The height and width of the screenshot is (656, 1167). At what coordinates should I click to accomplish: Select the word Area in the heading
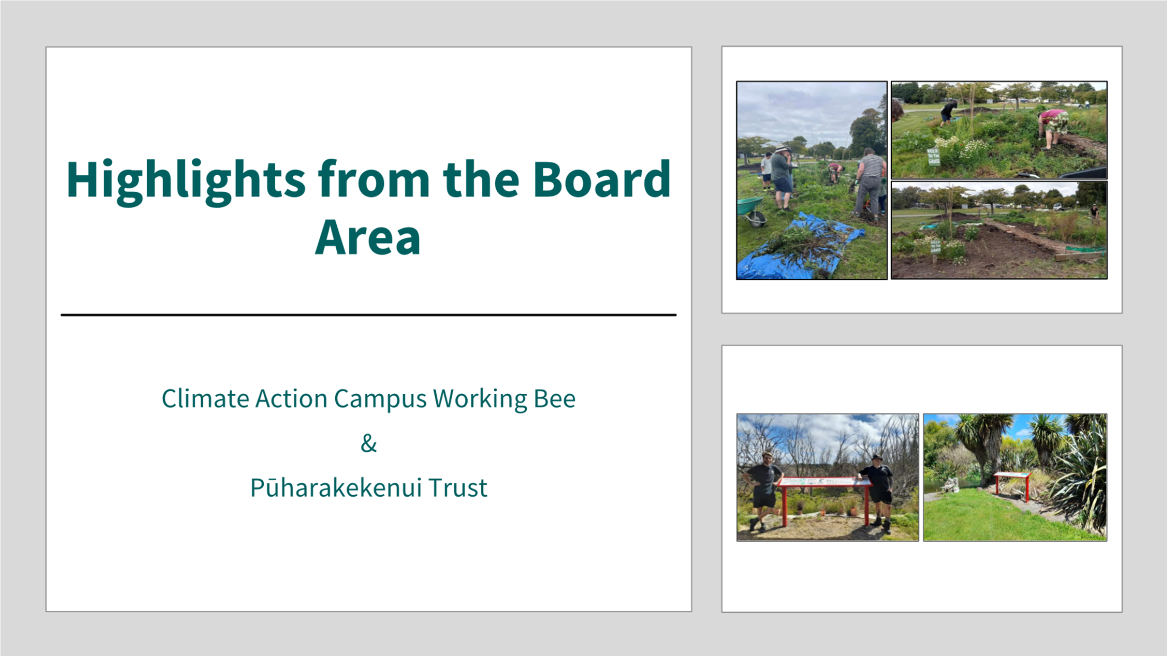[368, 237]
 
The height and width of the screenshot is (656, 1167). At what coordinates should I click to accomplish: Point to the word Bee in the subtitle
[554, 398]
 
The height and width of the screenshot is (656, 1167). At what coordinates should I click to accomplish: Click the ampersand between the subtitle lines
[369, 443]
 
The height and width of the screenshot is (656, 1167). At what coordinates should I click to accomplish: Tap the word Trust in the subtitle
[458, 488]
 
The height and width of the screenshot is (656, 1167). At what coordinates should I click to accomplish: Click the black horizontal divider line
[369, 314]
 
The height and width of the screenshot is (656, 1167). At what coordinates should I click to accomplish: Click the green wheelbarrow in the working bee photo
[752, 211]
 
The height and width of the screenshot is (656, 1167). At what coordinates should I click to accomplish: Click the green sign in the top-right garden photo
[933, 157]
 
